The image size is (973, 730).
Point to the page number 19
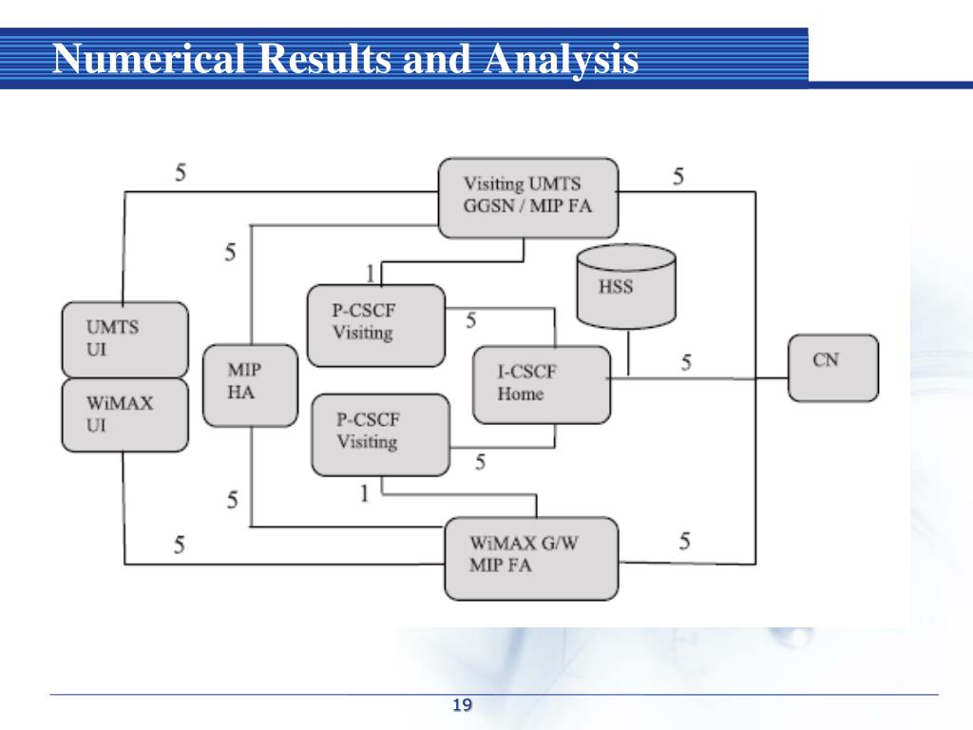[463, 705]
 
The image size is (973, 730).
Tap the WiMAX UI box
[124, 414]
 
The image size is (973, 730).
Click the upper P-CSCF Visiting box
[376, 325]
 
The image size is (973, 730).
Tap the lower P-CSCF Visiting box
[380, 434]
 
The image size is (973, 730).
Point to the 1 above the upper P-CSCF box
[370, 273]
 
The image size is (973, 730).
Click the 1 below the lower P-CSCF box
[364, 493]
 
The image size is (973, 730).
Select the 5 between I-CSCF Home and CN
[686, 362]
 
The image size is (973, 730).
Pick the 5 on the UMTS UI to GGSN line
[181, 173]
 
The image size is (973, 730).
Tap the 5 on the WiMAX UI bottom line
[179, 546]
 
